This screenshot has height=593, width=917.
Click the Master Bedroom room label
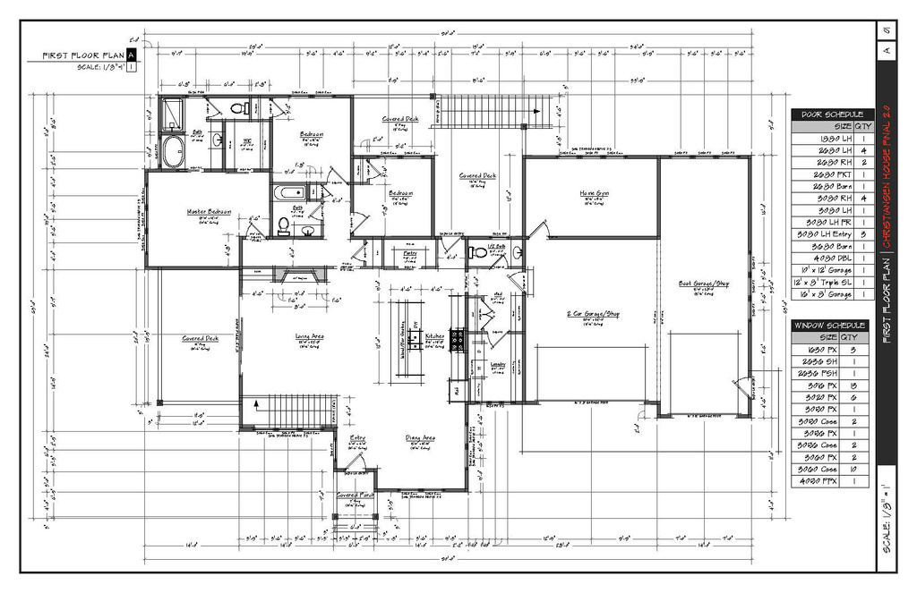pos(209,212)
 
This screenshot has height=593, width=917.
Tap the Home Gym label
pos(594,192)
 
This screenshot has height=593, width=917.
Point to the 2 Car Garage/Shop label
pos(593,314)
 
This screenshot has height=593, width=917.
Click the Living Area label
pos(310,337)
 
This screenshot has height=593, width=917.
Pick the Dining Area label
pos(420,437)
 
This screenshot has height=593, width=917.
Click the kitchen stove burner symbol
pos(457,338)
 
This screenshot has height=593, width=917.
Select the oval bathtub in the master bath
pos(172,151)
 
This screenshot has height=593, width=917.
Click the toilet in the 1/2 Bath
pos(478,253)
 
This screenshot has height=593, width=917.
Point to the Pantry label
pos(410,253)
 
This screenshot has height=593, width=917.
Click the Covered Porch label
pos(356,495)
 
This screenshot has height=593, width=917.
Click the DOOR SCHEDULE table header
pos(832,114)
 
